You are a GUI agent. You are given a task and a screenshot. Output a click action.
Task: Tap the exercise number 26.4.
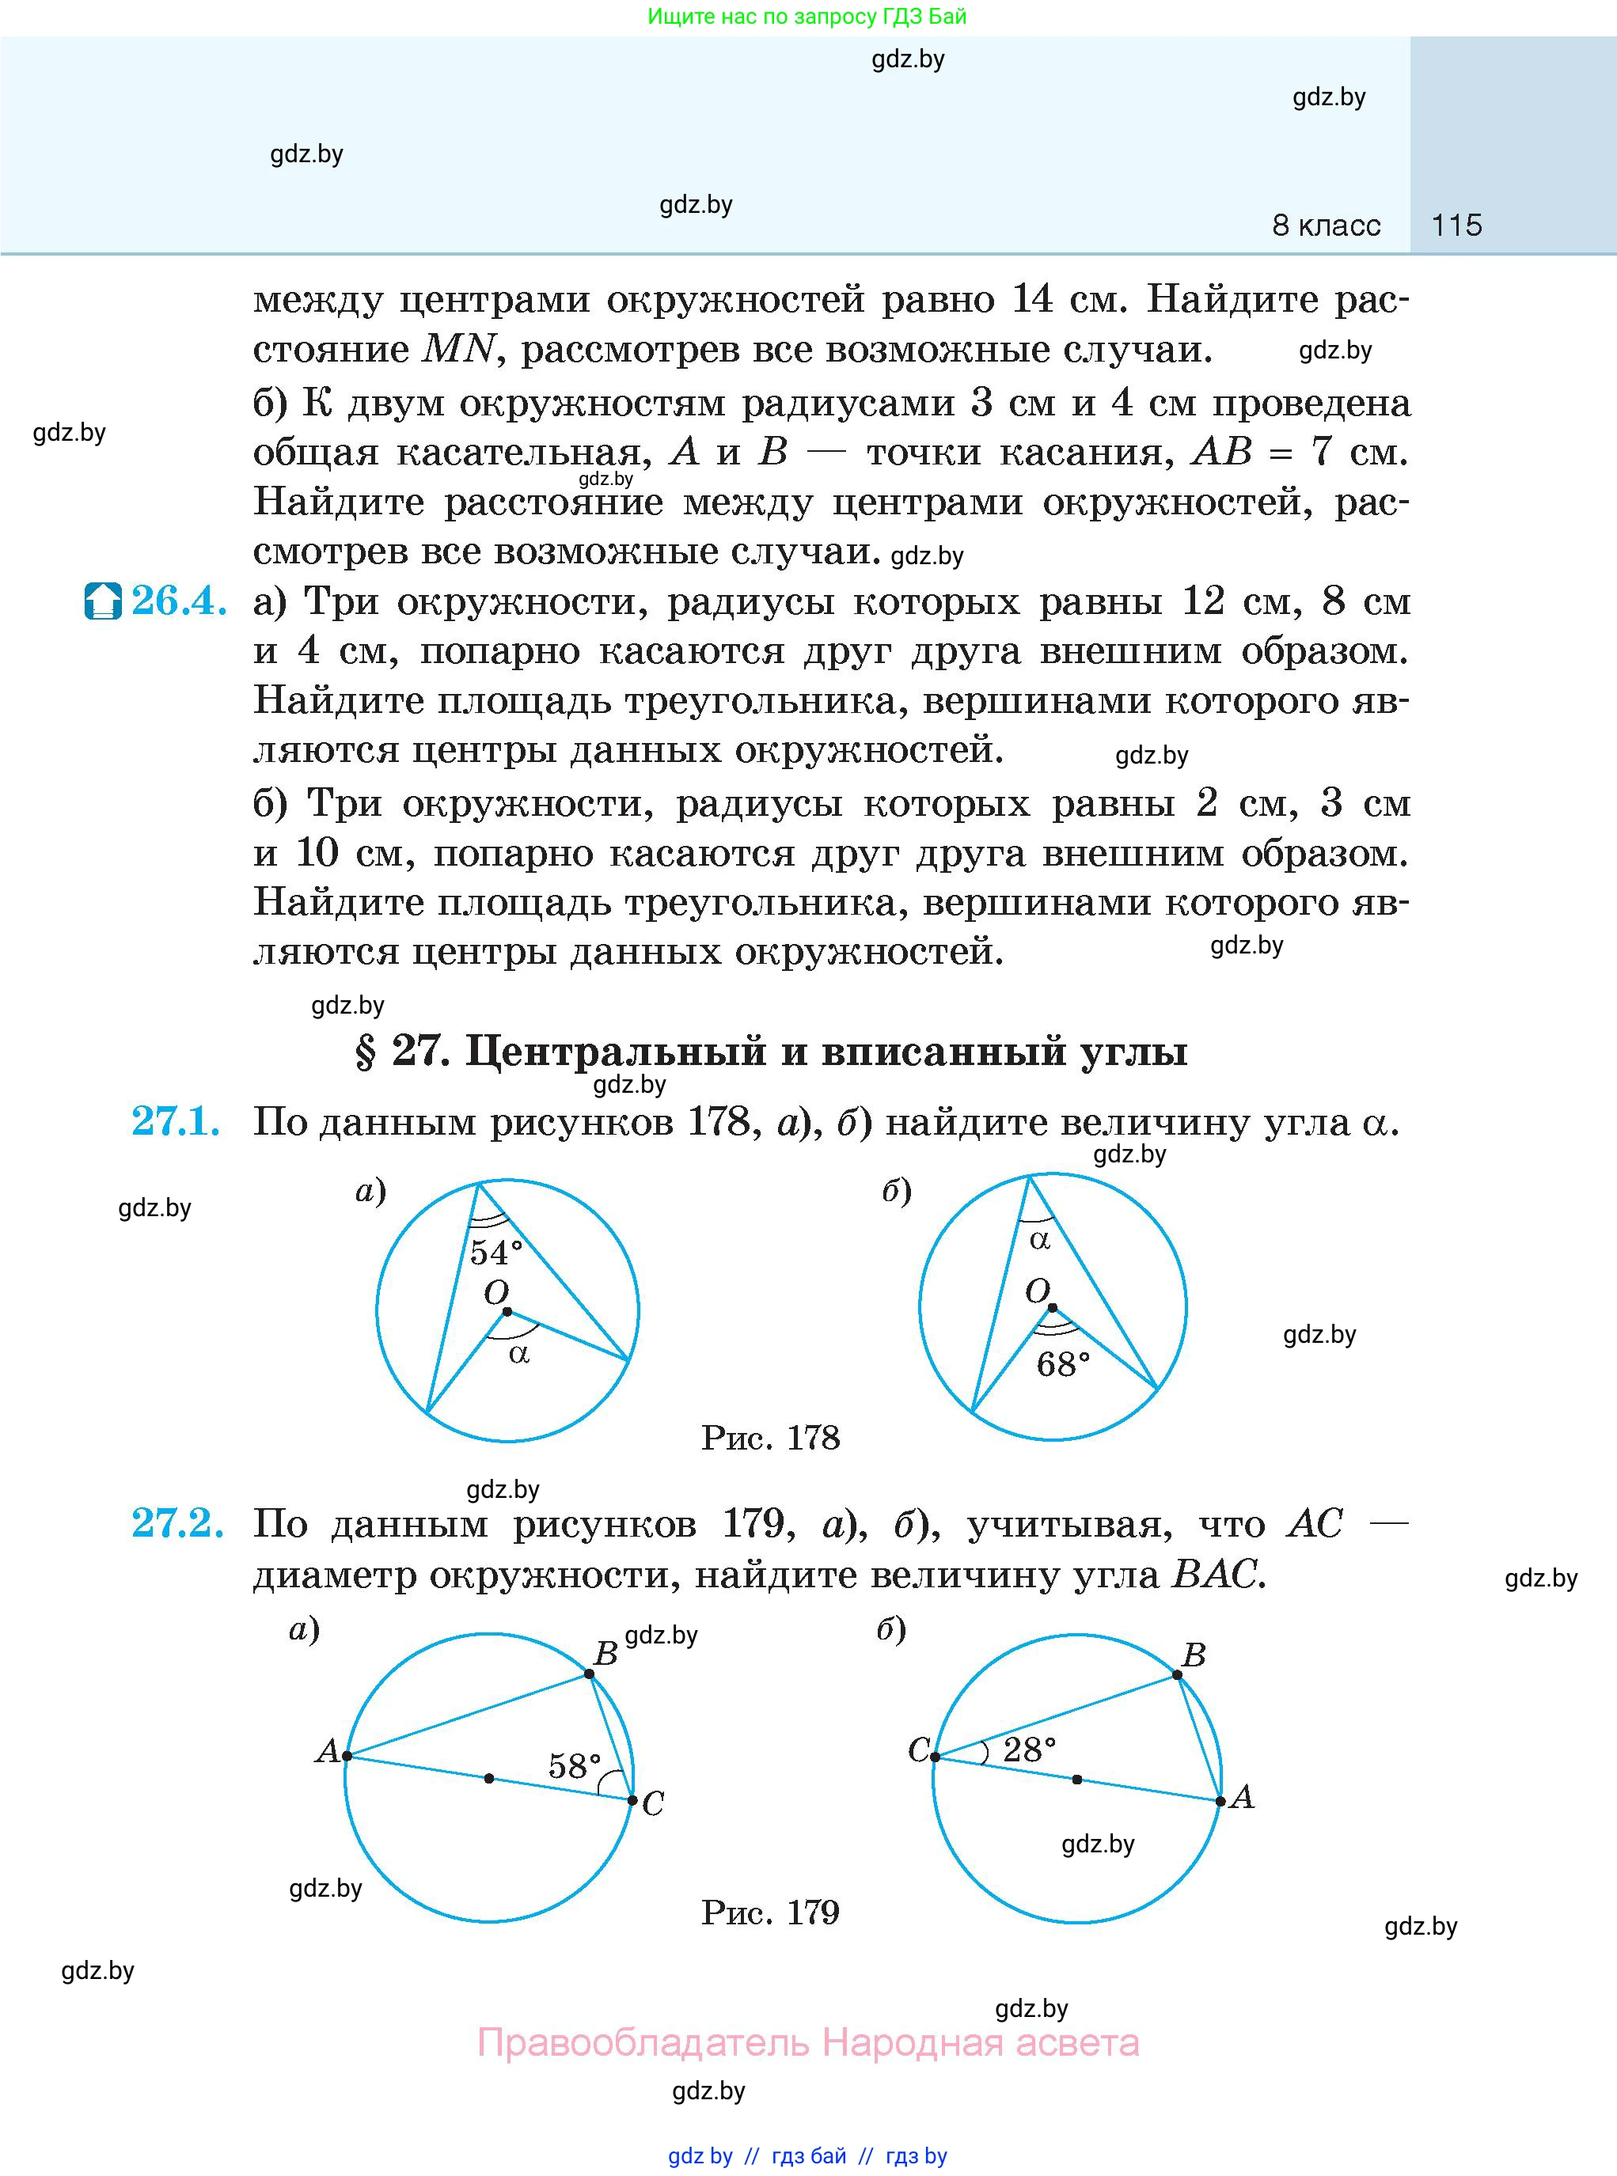pos(179,601)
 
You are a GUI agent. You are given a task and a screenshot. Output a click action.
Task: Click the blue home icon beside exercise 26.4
pos(103,601)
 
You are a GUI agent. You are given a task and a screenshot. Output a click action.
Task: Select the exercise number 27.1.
pos(177,1121)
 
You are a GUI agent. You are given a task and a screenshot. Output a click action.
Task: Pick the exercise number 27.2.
pos(178,1523)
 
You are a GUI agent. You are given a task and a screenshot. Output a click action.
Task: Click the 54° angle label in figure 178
pos(495,1253)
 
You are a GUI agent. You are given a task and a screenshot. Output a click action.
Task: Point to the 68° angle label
pos(1063,1365)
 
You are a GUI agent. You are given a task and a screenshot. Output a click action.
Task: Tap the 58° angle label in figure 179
pos(574,1766)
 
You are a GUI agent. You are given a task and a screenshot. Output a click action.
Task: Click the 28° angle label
pos(1030,1750)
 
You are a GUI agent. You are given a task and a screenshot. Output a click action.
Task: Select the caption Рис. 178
pos(770,1437)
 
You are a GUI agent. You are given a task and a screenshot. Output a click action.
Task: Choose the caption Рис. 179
pos(770,1912)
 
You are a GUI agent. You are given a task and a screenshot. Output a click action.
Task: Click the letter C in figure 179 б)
pos(919,1750)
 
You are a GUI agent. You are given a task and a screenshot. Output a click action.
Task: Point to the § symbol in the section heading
pos(365,1052)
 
